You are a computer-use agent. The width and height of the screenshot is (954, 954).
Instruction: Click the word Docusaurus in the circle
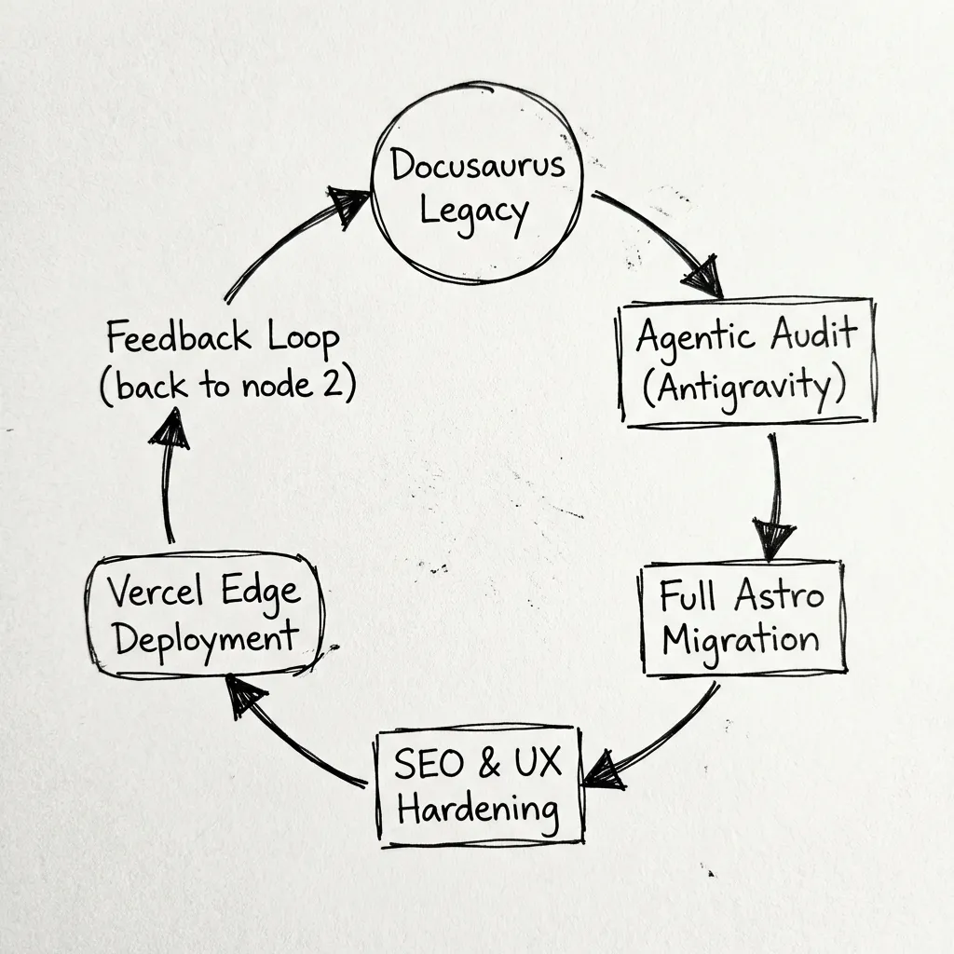pos(477,167)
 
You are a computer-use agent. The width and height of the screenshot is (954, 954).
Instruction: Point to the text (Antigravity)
pos(743,385)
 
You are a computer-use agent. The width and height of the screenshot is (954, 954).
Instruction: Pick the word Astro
pos(778,596)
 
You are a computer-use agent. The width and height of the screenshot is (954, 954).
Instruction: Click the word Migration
pos(741,639)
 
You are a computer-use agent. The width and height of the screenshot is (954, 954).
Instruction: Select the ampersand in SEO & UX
pos(488,764)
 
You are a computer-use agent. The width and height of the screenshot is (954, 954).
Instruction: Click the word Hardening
pos(478,808)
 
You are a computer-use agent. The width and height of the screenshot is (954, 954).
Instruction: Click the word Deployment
pos(203,639)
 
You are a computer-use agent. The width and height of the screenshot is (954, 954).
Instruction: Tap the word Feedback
pos(177,337)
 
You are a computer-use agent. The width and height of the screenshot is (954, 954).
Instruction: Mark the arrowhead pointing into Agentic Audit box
pos(704,278)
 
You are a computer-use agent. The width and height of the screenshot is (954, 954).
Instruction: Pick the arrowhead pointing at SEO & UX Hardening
pos(604,770)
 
